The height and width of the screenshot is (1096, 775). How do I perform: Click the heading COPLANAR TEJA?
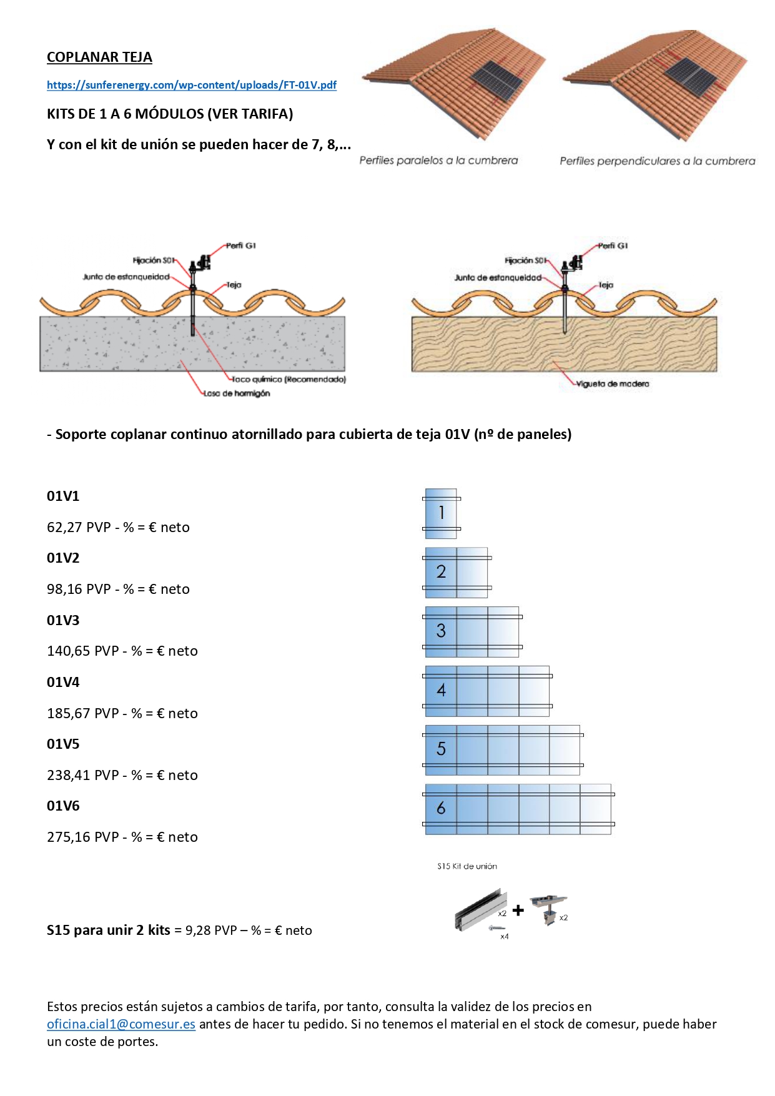99,57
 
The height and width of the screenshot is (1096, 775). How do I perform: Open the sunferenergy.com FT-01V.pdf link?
192,85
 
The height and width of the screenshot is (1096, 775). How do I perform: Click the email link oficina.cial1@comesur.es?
121,1024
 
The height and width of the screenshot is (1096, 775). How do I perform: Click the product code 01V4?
63,682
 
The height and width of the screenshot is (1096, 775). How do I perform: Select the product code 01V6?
63,806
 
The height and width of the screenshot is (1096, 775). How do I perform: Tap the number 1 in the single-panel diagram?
442,513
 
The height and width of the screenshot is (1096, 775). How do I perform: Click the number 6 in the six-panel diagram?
441,808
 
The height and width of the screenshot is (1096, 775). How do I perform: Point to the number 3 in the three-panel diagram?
441,631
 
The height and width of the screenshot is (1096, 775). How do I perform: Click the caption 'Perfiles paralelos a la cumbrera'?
438,160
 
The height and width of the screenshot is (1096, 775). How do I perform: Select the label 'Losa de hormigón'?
237,393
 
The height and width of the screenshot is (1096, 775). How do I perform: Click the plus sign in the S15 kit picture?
518,911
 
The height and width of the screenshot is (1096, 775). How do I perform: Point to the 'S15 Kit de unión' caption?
467,866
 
